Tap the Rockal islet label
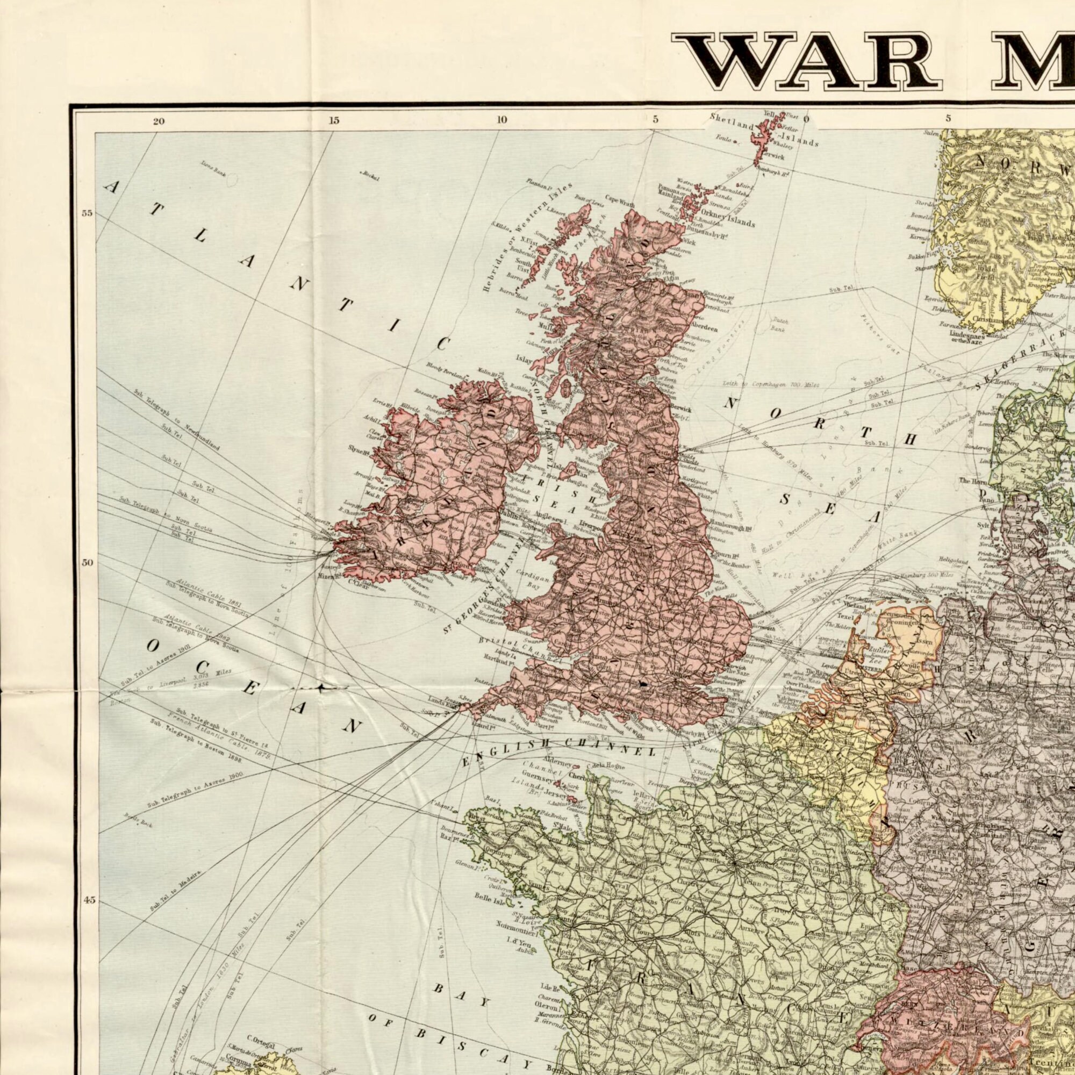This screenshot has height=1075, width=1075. [x=370, y=177]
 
